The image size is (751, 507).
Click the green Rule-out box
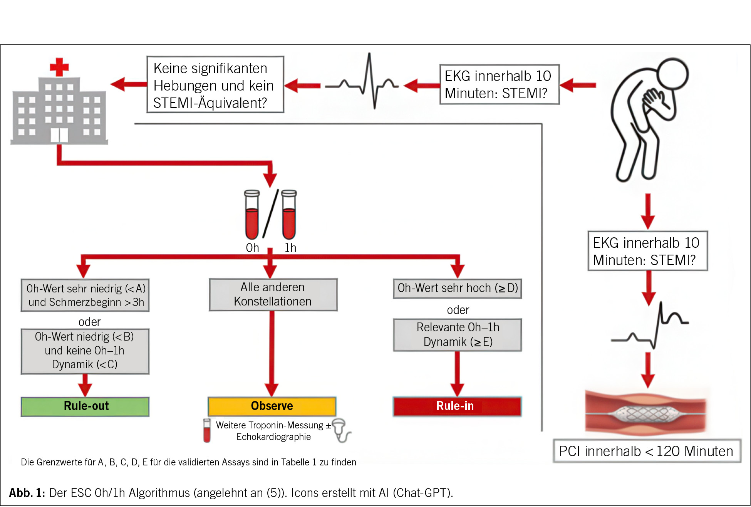tap(85, 406)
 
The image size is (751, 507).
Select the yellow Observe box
tap(272, 406)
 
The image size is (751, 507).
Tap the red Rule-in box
tap(457, 406)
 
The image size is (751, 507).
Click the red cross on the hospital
tap(59, 67)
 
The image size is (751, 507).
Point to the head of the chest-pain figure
tap(672, 74)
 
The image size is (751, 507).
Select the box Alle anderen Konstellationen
tap(273, 295)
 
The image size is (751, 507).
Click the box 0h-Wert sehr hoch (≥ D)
tap(458, 288)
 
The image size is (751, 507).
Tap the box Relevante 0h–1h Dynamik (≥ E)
tap(458, 335)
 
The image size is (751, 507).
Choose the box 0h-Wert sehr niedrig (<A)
tap(85, 295)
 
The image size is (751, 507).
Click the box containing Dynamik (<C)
tap(85, 351)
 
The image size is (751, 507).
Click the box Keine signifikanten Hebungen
tap(215, 85)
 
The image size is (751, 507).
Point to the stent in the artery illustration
tap(647, 415)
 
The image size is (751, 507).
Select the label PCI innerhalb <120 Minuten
tap(647, 451)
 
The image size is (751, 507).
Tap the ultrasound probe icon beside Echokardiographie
tap(340, 429)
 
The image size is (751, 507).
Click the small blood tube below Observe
tap(207, 430)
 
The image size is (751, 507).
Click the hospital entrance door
tap(59, 136)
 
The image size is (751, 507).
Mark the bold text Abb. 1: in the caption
tap(27, 493)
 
